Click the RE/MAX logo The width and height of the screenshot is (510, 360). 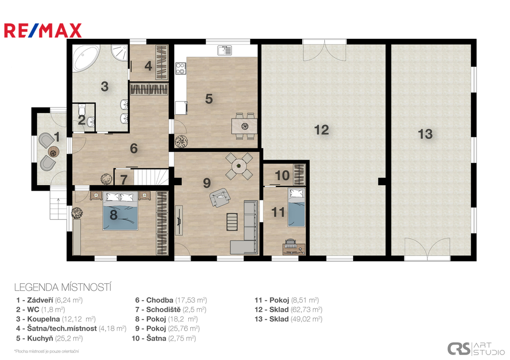43,30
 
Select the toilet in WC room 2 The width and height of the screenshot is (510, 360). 82,110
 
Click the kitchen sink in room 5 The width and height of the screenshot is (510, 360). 225,50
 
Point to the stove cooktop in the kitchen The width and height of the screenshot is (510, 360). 180,69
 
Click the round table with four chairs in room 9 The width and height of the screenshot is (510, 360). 239,166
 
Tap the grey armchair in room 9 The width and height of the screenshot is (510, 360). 220,197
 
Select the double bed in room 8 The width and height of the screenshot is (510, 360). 121,211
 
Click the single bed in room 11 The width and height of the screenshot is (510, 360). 296,207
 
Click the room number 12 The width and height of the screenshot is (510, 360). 321,130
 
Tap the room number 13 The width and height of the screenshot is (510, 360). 425,134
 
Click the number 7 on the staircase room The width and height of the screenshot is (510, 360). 124,180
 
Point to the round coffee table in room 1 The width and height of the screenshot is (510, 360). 53,151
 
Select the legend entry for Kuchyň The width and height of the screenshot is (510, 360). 49,338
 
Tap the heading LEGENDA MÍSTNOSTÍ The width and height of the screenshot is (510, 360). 63,287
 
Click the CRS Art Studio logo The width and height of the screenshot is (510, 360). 476,349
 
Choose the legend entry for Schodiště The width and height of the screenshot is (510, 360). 171,310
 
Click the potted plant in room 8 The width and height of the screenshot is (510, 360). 77,213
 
